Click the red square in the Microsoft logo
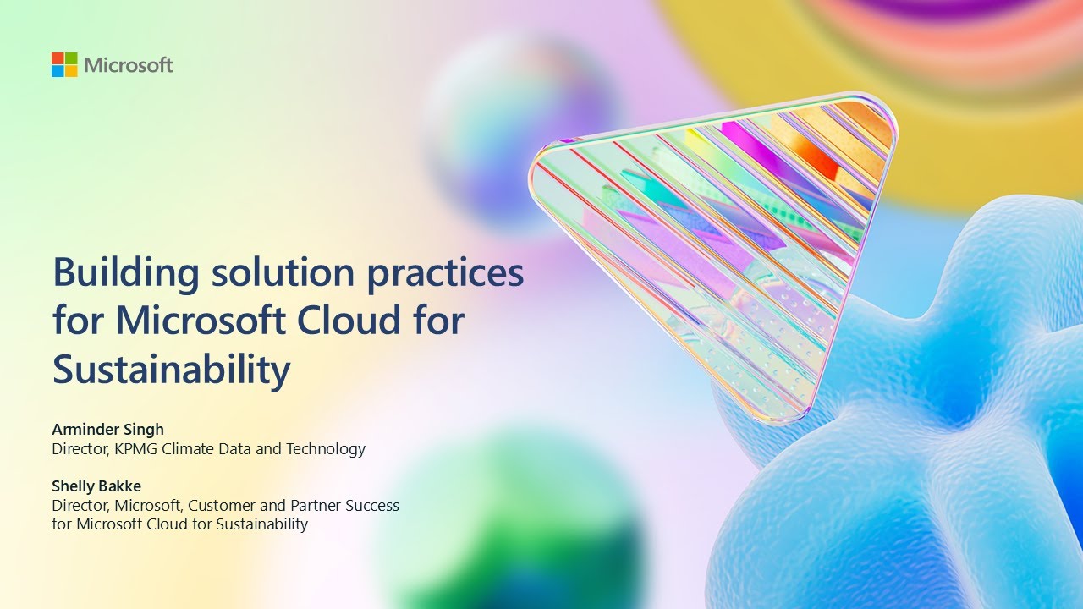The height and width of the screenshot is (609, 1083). pos(58,58)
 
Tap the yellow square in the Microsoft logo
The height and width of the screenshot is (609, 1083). pos(71,72)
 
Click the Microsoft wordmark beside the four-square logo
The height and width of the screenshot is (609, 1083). pos(129,65)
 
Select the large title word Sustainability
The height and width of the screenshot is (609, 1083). pos(172,370)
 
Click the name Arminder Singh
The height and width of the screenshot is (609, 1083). pos(108,430)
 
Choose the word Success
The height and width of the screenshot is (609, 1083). pos(374,506)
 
